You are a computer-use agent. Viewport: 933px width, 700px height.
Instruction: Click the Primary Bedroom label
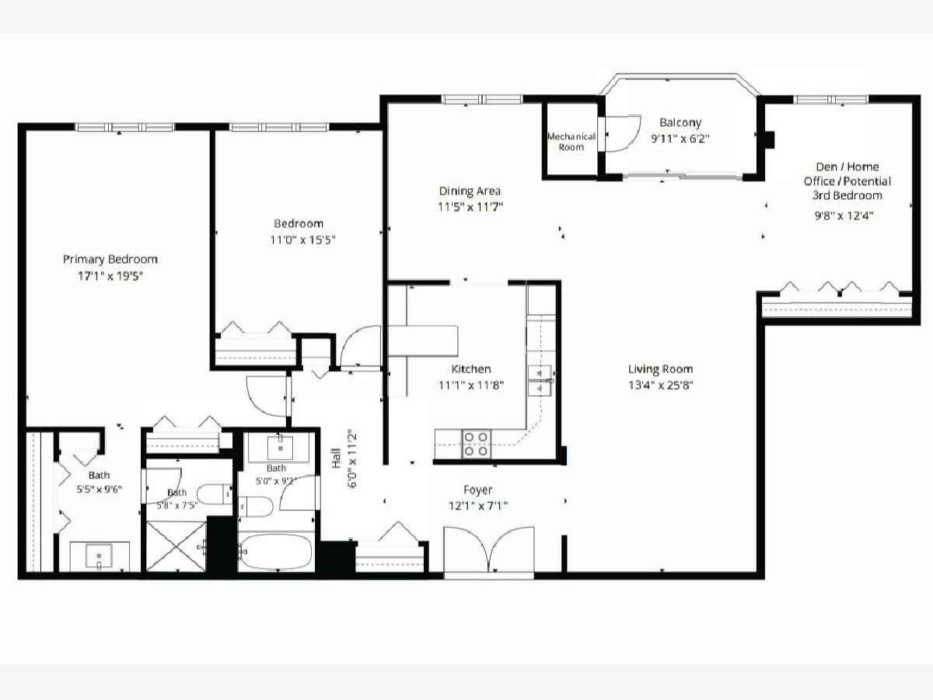point(110,259)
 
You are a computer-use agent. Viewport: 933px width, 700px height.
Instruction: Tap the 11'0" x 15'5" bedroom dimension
point(302,240)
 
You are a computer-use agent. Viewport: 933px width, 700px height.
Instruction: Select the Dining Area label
point(470,191)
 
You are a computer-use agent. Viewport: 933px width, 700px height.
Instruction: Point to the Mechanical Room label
point(571,142)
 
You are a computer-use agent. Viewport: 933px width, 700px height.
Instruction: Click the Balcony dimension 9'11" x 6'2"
point(680,139)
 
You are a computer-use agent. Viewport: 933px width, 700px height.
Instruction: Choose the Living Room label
point(661,369)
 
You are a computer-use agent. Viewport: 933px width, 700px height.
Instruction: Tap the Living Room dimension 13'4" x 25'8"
point(661,386)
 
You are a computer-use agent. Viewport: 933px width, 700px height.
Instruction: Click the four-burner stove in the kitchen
point(476,444)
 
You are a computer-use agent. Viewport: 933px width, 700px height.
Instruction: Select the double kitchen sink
point(540,380)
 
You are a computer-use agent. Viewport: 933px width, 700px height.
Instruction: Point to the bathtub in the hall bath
point(276,551)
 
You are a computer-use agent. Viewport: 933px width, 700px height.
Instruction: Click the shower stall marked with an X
point(176,547)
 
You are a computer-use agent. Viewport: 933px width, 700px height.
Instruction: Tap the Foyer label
point(477,490)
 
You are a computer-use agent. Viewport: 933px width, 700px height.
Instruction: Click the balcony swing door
point(620,133)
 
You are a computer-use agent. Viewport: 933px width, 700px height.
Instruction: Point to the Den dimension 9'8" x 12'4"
point(844,215)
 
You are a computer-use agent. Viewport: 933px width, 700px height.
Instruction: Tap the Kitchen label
point(471,369)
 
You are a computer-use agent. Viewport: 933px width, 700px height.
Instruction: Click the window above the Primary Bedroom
point(125,127)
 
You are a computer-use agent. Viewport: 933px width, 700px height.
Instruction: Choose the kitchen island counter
point(424,341)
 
